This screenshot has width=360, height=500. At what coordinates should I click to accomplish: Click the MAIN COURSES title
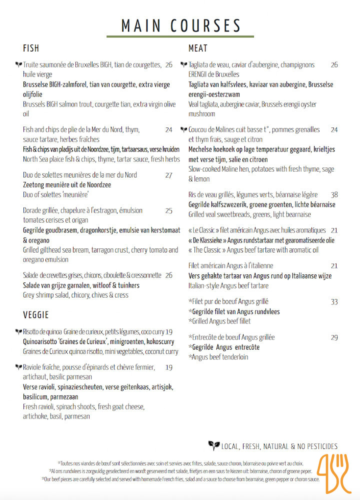tap(181, 25)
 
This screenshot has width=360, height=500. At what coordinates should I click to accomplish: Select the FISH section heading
tap(31, 48)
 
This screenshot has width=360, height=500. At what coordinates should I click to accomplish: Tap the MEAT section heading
tap(198, 48)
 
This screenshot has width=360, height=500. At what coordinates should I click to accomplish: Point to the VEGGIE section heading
tap(35, 315)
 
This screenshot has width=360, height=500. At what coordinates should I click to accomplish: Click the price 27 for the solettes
tap(168, 175)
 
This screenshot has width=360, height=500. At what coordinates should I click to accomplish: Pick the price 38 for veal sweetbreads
tap(334, 194)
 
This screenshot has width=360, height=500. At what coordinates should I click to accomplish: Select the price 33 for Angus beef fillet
tap(334, 301)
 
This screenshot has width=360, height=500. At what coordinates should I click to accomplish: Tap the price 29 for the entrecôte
tap(334, 337)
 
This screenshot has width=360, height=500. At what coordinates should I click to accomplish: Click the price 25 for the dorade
tap(168, 210)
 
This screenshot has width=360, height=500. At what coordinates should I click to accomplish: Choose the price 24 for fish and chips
tap(168, 129)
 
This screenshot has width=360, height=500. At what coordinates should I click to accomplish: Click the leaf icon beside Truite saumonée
tap(18, 64)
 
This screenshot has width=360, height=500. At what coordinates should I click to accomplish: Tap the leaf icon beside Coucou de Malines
tap(183, 129)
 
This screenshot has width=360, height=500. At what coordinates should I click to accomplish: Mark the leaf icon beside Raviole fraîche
tap(18, 367)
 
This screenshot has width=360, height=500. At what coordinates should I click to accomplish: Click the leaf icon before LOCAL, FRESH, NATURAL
tap(213, 445)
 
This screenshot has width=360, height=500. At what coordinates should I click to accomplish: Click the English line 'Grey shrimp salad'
tap(75, 295)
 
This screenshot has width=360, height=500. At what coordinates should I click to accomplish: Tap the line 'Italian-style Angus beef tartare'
tap(228, 285)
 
